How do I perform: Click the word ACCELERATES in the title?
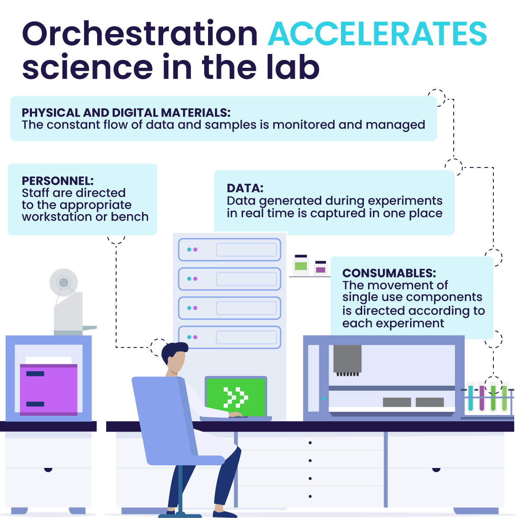tap(377, 34)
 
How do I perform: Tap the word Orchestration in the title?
tap(140, 34)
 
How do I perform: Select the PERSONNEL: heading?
tap(58, 181)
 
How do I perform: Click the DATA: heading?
tap(245, 188)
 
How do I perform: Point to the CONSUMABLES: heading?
tap(389, 273)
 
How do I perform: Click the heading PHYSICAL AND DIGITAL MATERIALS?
tap(126, 113)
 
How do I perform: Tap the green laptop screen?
tap(236, 397)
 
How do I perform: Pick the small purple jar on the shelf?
tap(320, 268)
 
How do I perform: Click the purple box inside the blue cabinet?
tap(49, 389)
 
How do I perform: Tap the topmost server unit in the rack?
tap(230, 250)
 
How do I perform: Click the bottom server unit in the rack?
tap(230, 337)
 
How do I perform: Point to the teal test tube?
tap(471, 398)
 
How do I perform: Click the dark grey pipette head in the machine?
tap(347, 360)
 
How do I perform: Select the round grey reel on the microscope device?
tap(64, 282)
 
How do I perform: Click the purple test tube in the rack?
tap(482, 398)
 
